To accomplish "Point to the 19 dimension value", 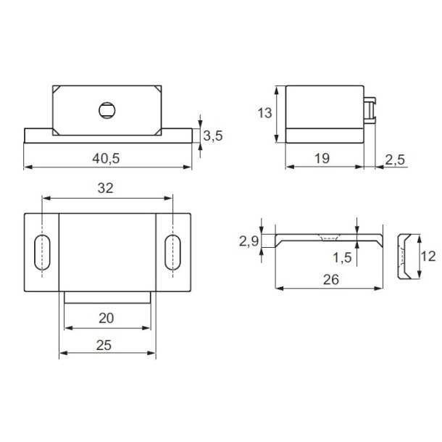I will pos(323,157).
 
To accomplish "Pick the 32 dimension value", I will pos(107,188).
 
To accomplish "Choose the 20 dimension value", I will pos(107,318).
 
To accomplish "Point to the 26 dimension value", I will pos(328,278).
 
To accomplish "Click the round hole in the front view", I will pos(106,111).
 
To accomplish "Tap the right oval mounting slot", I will pos(172,252).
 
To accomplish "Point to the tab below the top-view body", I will pos(107,296).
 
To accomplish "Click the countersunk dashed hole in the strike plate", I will pos(328,237).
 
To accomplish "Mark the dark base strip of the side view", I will pos(323,135).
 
